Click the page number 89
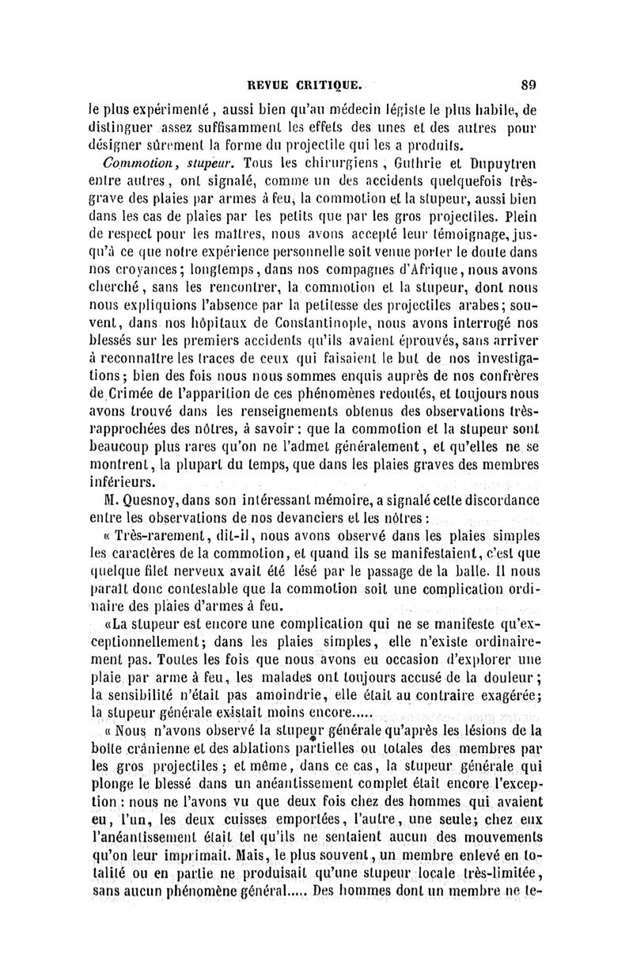(529, 81)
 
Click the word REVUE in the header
(271, 81)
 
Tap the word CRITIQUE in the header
(332, 81)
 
